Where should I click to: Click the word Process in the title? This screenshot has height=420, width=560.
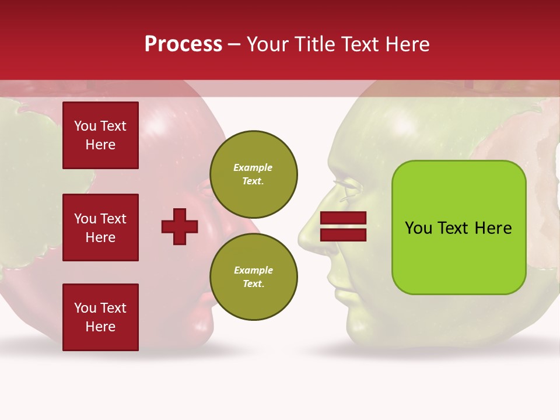click(183, 44)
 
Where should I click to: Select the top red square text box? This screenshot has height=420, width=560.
click(100, 135)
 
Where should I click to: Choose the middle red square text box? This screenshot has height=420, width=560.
click(100, 228)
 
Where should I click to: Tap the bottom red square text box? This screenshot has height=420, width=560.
click(100, 317)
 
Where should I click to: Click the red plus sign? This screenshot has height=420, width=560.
click(180, 226)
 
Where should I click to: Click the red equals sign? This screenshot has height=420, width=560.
click(344, 226)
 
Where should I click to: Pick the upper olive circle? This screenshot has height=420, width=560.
click(254, 174)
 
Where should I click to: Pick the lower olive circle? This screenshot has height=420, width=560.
click(254, 277)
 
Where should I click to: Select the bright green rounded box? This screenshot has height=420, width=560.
click(459, 228)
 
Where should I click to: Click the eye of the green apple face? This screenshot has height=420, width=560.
click(344, 190)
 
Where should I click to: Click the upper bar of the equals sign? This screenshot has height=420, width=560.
click(344, 218)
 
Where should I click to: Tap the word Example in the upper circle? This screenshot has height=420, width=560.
click(253, 167)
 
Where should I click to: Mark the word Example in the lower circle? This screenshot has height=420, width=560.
click(253, 270)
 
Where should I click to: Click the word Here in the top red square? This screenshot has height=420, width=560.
click(100, 145)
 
